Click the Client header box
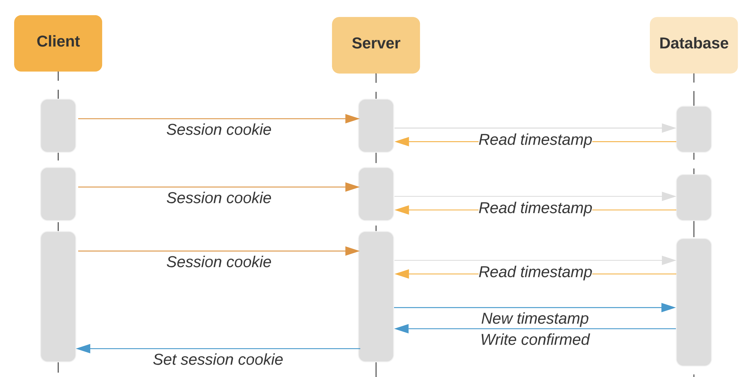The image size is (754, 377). tap(58, 43)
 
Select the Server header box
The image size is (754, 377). tap(375, 45)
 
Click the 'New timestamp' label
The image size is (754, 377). tap(535, 318)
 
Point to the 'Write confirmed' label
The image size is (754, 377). tap(535, 339)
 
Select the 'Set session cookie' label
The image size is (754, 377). tap(218, 359)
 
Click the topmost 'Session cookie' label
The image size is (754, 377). tap(219, 129)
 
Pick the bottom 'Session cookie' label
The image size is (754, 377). tap(219, 262)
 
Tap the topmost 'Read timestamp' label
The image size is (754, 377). tap(535, 140)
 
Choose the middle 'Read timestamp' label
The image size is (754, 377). tap(535, 208)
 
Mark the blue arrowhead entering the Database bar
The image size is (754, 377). tap(668, 307)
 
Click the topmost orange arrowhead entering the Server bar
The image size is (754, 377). tap(352, 119)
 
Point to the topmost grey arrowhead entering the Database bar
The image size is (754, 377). tap(668, 128)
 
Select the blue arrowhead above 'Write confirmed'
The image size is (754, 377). tap(402, 328)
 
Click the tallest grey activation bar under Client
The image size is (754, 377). tap(58, 296)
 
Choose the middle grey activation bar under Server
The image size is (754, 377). tap(375, 194)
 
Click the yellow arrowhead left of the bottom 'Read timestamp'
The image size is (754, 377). tap(402, 274)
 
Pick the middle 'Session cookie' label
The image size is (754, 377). tap(219, 198)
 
